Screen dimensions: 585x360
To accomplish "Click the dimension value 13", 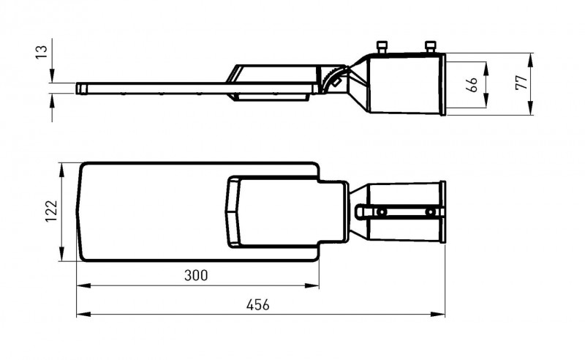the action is [x=42, y=51].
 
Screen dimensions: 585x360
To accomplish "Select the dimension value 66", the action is [x=472, y=85].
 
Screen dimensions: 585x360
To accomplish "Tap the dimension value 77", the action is [x=521, y=82].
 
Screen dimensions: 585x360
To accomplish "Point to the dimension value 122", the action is [x=51, y=211].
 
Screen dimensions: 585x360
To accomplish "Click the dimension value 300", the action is [x=196, y=276].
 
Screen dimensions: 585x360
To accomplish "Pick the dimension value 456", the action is [x=258, y=305].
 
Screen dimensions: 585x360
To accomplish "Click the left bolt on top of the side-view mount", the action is [x=382, y=47].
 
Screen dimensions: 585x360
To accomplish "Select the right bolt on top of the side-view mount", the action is [x=430, y=47].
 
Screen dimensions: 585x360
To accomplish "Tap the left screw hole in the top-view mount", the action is [x=381, y=212].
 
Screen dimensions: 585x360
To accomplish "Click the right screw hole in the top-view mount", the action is [x=430, y=212].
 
